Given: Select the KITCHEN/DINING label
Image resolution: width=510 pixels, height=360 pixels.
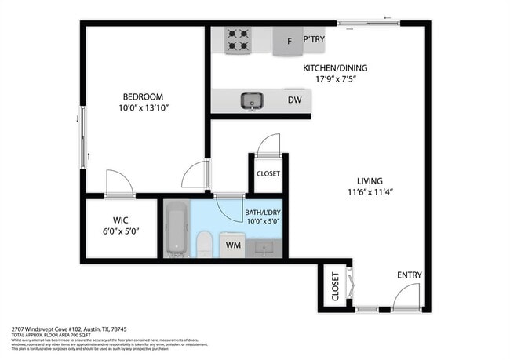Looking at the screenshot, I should point(335,67).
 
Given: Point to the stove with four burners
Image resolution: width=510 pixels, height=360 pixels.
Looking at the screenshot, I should point(238,40).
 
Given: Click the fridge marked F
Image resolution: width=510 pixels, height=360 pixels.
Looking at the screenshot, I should point(289,41).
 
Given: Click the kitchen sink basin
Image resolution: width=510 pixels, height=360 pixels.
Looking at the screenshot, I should point(251,100).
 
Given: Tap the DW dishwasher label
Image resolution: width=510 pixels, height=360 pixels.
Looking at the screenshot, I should point(294,100).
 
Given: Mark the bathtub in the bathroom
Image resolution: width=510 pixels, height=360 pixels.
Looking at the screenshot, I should point(177,229).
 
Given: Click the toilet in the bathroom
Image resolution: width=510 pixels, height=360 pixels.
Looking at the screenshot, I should point(203,243).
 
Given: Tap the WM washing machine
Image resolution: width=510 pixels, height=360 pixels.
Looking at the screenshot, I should point(233,245).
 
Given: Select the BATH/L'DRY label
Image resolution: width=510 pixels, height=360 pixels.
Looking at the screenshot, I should point(263,212).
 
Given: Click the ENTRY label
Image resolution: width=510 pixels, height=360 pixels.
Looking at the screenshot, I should point(409,275).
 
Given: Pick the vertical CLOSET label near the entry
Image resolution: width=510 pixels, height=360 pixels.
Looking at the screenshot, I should point(334,286).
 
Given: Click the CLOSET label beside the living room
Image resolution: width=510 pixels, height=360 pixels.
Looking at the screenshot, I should point(268,173).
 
